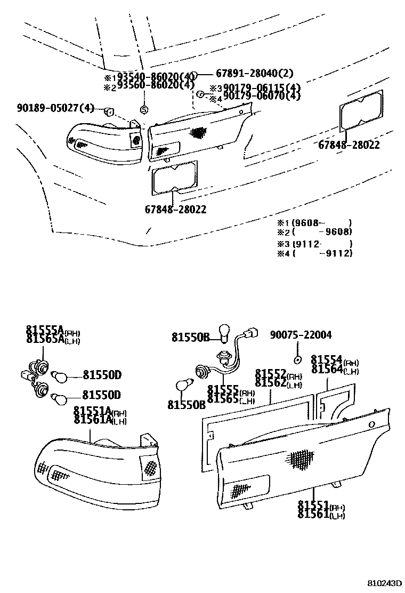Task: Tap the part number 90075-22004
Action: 301,335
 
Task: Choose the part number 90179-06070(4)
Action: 261,97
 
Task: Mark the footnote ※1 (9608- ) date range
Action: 314,223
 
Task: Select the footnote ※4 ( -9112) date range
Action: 314,253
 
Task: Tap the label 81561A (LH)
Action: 100,421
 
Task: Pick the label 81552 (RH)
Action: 278,375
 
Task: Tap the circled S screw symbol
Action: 143,110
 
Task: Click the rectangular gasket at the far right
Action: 361,110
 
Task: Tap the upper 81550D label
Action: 102,375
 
